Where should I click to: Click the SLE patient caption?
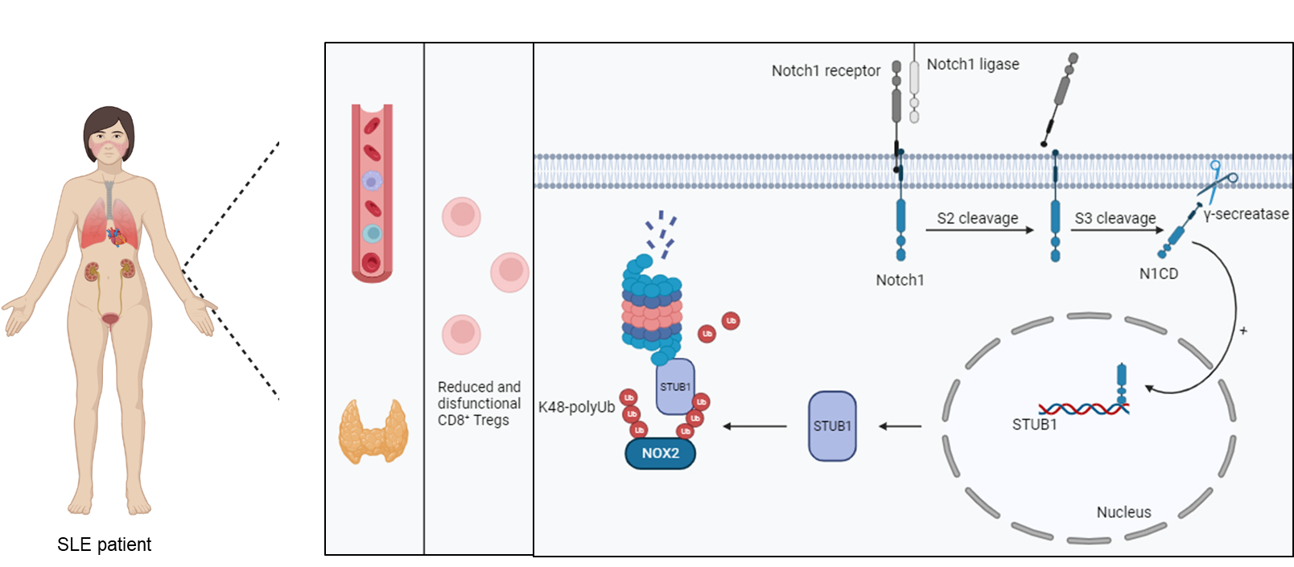pos(104,544)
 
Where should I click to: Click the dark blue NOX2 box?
pos(661,454)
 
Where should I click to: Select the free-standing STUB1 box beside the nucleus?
pos(832,426)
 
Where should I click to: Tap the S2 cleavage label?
pos(978,218)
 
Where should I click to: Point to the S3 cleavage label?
pos(1115,218)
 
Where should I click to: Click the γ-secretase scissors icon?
pos(1218,179)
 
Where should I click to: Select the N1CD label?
pos(1158,273)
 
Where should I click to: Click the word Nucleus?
pos(1123,512)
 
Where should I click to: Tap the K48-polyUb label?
pos(576,407)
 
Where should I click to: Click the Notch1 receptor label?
pos(826,71)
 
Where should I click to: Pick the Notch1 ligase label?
pos(973,64)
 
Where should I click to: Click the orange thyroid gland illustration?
pos(373,431)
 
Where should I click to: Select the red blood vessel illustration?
pos(372,193)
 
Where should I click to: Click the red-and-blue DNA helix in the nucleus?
pos(1084,409)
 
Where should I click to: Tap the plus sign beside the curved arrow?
pos(1243,331)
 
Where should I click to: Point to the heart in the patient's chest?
pos(117,236)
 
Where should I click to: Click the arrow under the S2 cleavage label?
pos(979,230)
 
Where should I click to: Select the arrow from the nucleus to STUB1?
pos(900,427)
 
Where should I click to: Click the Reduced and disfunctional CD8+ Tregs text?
pos(479,403)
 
